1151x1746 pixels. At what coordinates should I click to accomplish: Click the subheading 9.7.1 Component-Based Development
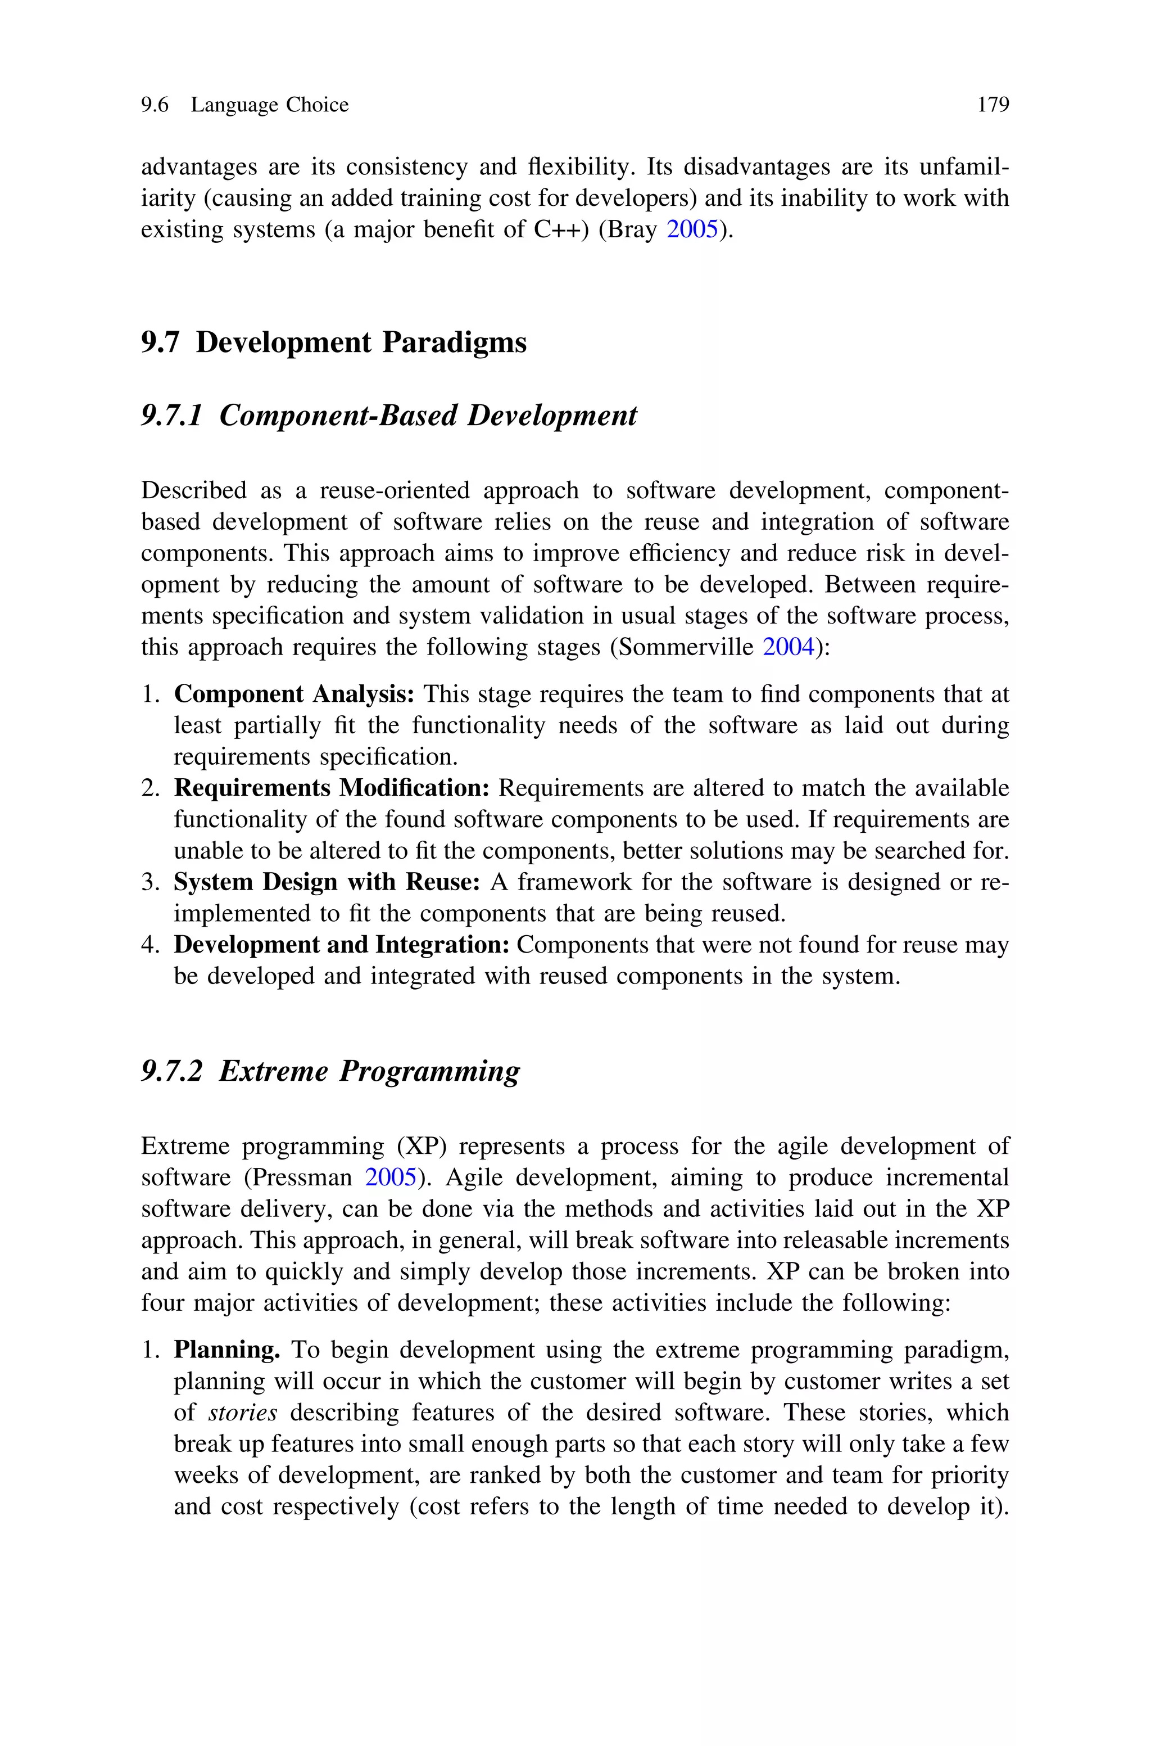click(x=389, y=416)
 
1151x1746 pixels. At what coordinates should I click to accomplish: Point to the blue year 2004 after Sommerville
click(x=789, y=648)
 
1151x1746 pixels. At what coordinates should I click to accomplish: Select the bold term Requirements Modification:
click(x=332, y=788)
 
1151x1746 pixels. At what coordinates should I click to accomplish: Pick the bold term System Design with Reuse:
click(x=327, y=882)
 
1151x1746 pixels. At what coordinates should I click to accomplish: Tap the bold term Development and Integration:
click(x=341, y=944)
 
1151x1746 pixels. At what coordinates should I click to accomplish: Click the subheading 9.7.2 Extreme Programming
click(x=330, y=1071)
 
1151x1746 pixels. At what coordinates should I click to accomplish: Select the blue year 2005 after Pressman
click(x=391, y=1177)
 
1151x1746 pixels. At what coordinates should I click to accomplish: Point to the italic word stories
click(x=243, y=1413)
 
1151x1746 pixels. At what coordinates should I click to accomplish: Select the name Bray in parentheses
click(x=636, y=230)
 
